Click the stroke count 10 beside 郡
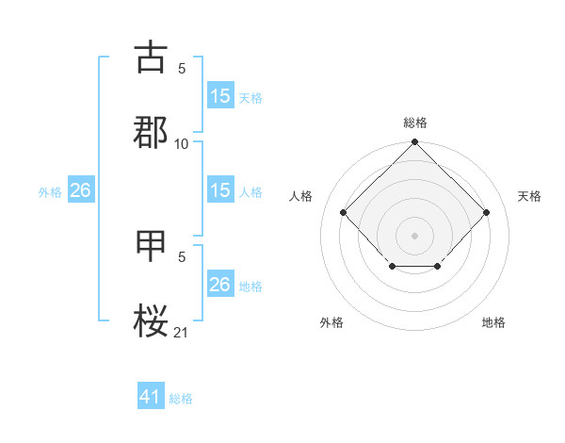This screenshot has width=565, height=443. pos(182,143)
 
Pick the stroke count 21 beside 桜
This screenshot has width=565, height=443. pos(182,332)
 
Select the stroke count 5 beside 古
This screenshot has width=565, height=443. pos(182,69)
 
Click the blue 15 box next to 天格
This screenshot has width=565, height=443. pos(220,96)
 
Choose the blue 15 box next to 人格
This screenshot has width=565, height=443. pos(220,190)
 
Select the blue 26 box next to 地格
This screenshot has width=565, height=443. pos(220,285)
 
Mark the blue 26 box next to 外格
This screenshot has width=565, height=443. pos(80,190)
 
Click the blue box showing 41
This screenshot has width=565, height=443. pos(151,397)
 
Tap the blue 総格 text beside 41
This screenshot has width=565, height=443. pos(181,399)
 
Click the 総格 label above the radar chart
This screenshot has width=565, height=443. pos(415,123)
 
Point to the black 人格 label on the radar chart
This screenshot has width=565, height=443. pos(301,196)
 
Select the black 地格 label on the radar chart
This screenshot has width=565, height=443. pos(493,322)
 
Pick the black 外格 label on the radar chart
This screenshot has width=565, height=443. pos(331,322)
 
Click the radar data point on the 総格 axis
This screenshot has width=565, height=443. pos(415,143)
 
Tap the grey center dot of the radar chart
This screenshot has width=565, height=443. pos(415,235)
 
